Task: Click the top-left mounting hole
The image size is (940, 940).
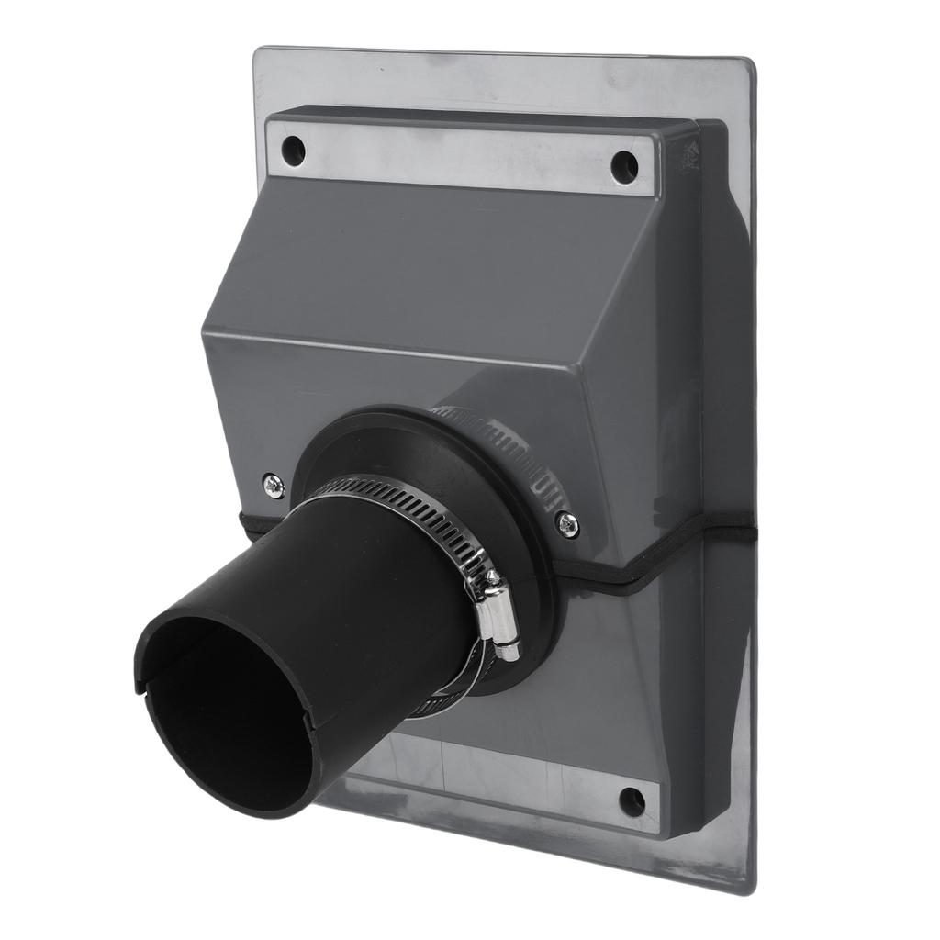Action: pyautogui.click(x=293, y=149)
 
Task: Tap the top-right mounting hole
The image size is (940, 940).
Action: pyautogui.click(x=624, y=166)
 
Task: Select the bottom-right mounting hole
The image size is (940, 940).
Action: pyautogui.click(x=632, y=801)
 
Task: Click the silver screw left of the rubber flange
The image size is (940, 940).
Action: pyautogui.click(x=273, y=485)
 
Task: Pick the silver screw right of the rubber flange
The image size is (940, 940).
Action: pyautogui.click(x=568, y=524)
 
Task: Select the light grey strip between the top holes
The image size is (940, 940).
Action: pyautogui.click(x=459, y=156)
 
